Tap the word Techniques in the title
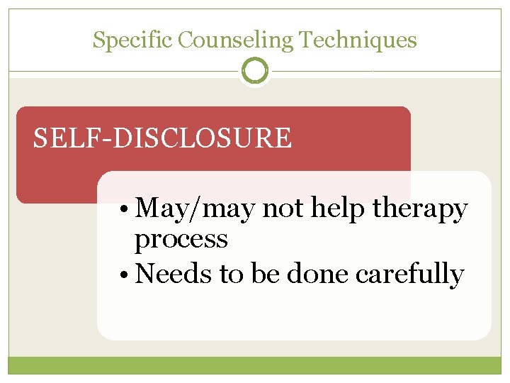[x=358, y=40]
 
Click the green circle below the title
[x=255, y=71]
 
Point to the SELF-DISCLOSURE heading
[x=162, y=138]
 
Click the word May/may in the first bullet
[x=196, y=209]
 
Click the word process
[x=181, y=240]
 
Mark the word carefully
[x=410, y=274]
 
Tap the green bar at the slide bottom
[x=255, y=365]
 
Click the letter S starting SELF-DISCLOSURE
[x=41, y=138]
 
